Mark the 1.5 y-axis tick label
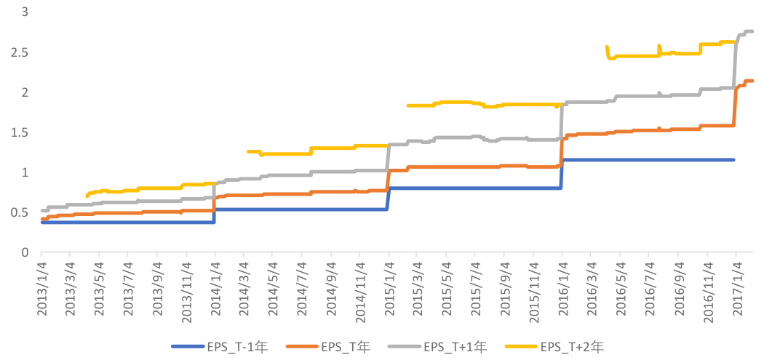click(18, 133)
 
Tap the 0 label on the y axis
click(25, 252)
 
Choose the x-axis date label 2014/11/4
click(361, 289)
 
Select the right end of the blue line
click(733, 160)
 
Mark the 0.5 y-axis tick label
click(18, 213)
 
